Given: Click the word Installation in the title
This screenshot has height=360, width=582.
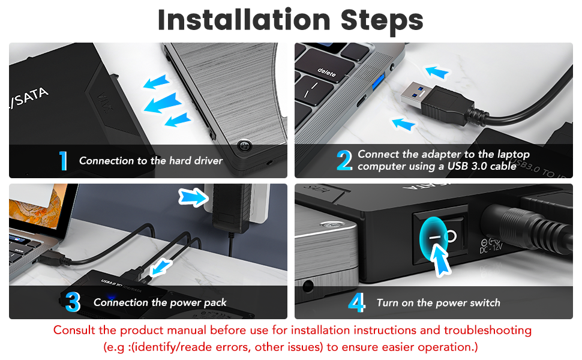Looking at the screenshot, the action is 244,20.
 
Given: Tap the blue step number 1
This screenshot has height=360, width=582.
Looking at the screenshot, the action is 64,161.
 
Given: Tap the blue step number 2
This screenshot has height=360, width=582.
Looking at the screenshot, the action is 344,160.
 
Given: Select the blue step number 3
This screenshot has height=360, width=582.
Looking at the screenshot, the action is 73,302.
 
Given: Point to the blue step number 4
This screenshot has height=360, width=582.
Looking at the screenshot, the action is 356,302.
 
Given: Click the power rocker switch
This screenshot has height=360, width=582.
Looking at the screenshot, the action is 440,236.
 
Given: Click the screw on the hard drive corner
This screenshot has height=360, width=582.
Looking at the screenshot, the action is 244,145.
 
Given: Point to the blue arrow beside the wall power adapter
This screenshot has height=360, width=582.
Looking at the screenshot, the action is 193,197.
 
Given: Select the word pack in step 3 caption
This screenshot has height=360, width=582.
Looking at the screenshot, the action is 215,303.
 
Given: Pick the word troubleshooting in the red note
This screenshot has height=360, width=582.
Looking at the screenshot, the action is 488,331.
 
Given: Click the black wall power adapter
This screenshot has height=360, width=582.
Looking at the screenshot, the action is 230,207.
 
